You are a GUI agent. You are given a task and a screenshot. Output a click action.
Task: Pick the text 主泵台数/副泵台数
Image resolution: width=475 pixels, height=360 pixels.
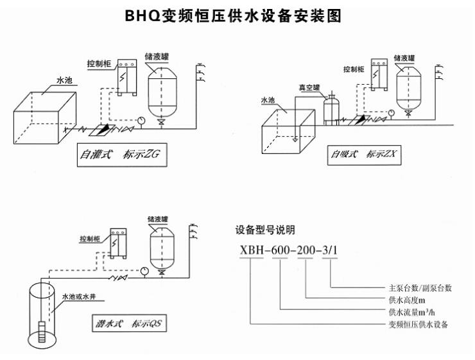[420, 288]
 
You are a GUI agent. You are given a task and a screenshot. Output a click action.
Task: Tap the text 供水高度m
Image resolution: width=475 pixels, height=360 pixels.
[408, 300]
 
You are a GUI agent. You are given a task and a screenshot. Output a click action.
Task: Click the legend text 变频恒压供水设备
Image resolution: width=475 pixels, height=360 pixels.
[419, 325]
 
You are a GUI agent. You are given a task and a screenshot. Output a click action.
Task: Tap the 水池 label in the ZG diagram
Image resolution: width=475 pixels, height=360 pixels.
[65, 81]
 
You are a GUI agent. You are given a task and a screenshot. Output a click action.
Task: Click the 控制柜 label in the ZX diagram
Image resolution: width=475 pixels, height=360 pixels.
[354, 69]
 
